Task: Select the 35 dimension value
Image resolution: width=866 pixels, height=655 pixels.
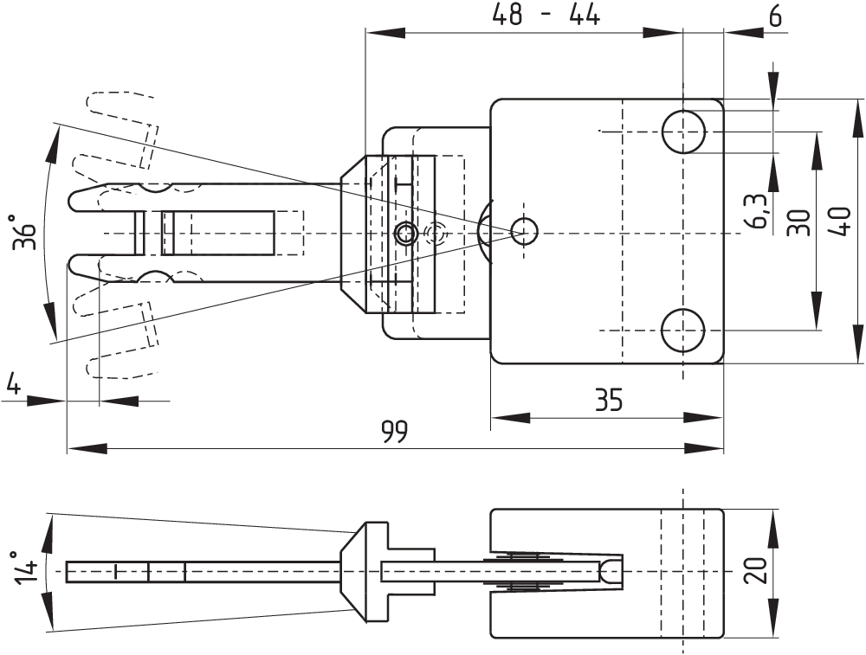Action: coord(608,400)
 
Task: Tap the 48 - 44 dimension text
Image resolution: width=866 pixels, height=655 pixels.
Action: coord(546,16)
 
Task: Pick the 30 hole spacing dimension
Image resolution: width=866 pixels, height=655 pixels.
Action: coord(798,222)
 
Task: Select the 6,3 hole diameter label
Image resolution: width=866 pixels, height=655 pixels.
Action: coord(757,211)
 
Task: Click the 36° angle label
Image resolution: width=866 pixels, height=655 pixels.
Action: coord(26,232)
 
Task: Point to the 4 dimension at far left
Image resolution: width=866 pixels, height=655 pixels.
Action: coord(12,382)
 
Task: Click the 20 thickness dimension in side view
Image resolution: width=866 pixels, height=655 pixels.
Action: coord(755,571)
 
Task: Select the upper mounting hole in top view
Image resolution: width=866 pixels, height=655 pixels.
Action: coord(683,132)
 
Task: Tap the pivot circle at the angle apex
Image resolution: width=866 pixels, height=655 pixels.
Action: coord(524,230)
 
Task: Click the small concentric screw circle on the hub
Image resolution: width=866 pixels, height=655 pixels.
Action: coord(404,232)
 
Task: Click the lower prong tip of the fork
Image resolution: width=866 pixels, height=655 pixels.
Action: coord(74,263)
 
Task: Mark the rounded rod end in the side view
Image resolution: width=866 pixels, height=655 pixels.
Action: coord(612,571)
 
